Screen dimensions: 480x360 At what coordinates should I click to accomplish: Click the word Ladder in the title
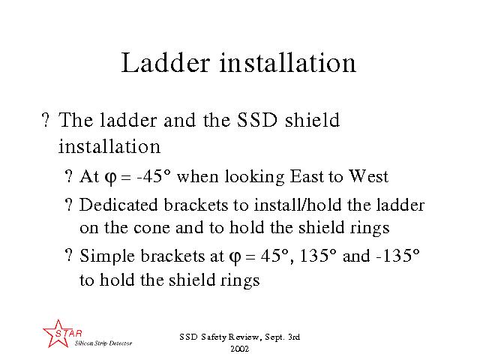[166, 62]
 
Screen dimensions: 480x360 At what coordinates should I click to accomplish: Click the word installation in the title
[288, 62]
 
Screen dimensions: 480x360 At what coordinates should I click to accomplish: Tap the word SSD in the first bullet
[257, 120]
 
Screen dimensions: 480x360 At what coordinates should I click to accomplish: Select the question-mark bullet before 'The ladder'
[45, 120]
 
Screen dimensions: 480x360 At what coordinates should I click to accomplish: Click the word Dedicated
[118, 205]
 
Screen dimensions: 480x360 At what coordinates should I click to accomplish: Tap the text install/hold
[298, 205]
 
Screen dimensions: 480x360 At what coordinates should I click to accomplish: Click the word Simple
[107, 256]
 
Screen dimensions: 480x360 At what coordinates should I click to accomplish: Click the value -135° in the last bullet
[397, 255]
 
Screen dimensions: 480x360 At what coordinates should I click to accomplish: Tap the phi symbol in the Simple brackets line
[235, 257]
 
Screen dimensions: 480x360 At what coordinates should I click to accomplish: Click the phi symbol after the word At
[110, 178]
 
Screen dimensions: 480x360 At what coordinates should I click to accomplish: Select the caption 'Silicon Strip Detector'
[103, 343]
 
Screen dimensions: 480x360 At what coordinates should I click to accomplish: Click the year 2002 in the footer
[240, 349]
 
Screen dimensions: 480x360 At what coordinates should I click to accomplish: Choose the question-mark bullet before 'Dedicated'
[69, 204]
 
